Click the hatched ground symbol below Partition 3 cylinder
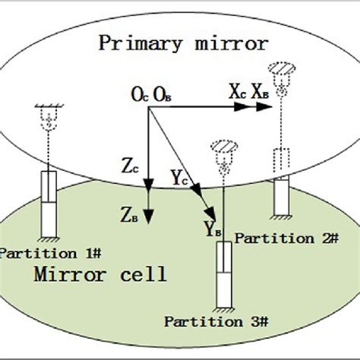225,308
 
